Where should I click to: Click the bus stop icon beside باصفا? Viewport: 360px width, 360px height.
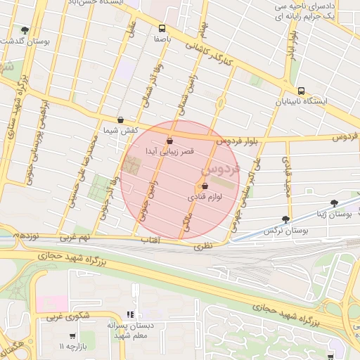tap(162, 29)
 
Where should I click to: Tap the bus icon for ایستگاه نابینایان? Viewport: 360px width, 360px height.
tap(302, 91)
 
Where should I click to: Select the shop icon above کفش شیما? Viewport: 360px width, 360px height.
tap(121, 120)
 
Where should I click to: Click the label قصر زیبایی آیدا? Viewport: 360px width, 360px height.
tap(169, 150)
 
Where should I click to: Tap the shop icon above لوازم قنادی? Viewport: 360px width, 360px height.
tap(205, 186)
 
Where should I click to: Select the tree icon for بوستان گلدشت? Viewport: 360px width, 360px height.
tap(25, 30)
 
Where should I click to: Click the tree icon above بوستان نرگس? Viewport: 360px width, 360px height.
tap(285, 219)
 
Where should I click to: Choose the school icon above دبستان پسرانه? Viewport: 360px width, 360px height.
tap(129, 314)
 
